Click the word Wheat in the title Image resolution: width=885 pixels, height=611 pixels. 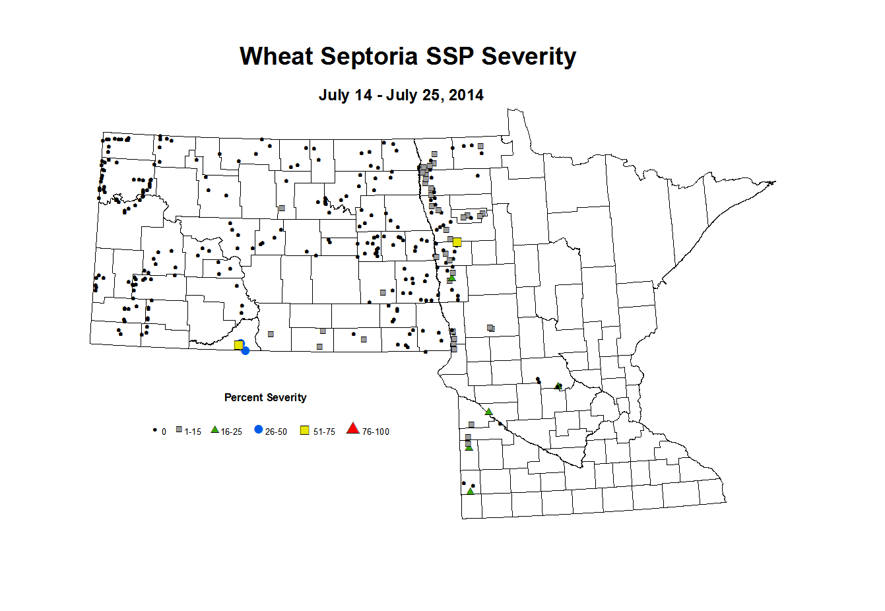click(x=277, y=57)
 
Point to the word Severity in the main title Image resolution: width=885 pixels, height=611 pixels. click(x=529, y=57)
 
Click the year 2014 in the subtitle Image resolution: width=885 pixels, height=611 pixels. click(x=466, y=95)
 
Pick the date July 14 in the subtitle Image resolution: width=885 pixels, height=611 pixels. click(x=345, y=95)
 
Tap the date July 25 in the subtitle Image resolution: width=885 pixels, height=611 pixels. click(x=413, y=95)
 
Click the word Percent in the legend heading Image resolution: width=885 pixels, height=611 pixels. click(x=243, y=397)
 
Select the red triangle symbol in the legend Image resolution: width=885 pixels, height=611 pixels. click(x=353, y=430)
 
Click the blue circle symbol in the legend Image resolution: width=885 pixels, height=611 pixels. click(x=258, y=430)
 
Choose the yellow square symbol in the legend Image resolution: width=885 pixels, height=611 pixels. click(x=305, y=430)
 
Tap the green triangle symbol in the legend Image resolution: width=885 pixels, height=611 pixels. click(x=214, y=430)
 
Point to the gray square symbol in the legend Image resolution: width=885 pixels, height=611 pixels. click(x=179, y=430)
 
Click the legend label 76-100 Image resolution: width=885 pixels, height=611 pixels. click(x=376, y=432)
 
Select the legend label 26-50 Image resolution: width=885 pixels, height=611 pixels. click(x=276, y=432)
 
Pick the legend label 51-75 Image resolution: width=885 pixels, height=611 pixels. click(x=324, y=432)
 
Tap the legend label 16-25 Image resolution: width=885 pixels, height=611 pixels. click(x=231, y=432)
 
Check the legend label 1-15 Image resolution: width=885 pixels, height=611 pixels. click(x=193, y=432)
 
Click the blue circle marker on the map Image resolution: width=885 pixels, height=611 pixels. click(x=246, y=350)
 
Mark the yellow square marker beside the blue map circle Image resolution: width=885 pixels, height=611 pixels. click(x=238, y=345)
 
